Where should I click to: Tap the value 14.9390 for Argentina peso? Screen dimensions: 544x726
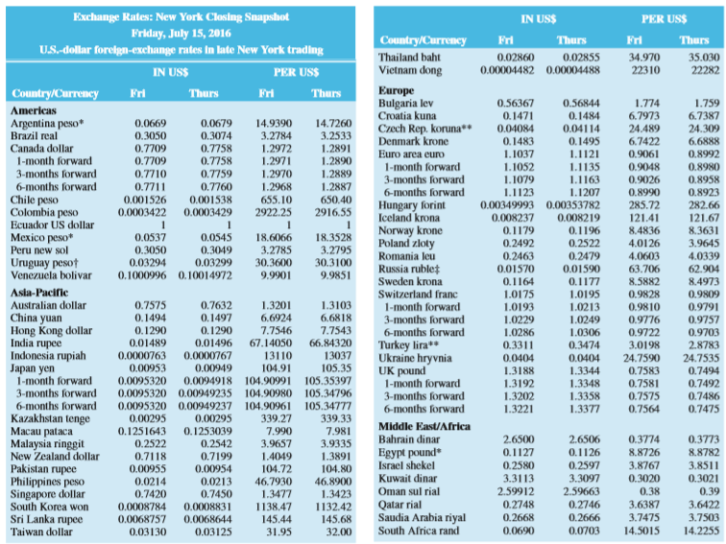(x=274, y=125)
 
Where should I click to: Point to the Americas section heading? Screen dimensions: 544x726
(x=34, y=111)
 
